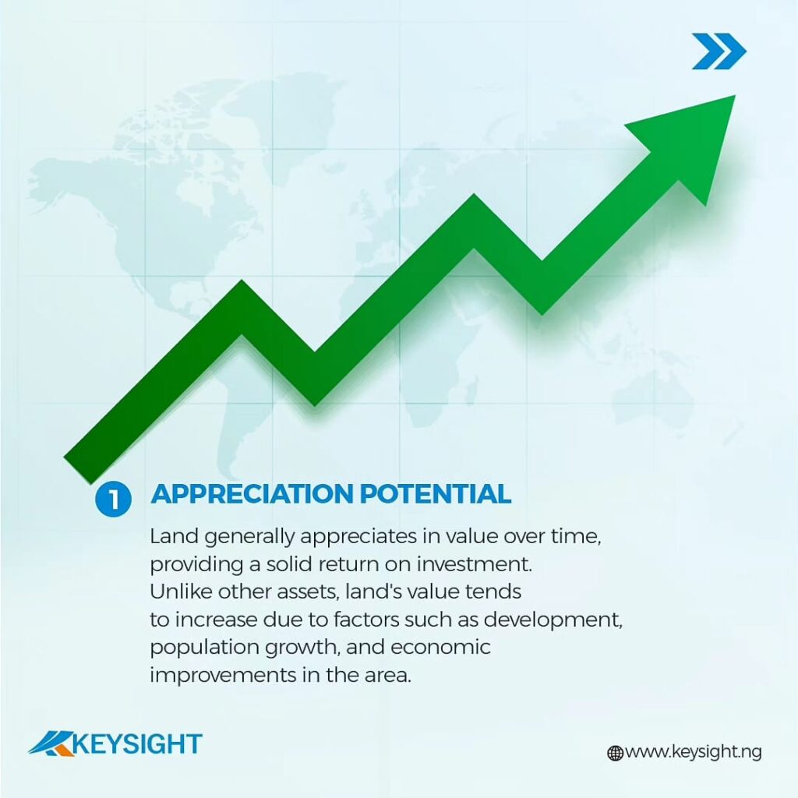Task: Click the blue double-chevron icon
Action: [x=719, y=51]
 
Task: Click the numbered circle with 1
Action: [x=113, y=499]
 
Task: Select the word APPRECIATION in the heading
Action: [x=252, y=493]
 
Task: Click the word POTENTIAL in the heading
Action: [x=436, y=493]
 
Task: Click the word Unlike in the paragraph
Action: [x=180, y=592]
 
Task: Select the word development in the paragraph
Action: [x=553, y=620]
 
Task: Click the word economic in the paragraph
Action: [x=440, y=648]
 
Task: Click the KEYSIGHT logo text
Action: [x=137, y=744]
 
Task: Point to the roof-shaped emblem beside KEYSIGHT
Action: [x=51, y=743]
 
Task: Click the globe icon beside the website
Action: [x=616, y=753]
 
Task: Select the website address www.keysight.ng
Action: [x=694, y=752]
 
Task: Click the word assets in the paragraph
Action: [x=309, y=592]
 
